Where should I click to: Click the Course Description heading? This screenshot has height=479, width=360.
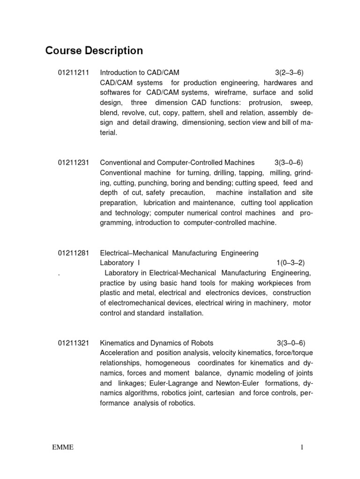point(94,51)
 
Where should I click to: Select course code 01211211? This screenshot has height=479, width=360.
point(73,73)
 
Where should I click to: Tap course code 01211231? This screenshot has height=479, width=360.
point(73,162)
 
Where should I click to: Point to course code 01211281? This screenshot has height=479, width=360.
point(73,253)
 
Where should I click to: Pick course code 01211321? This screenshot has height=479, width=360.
point(73,343)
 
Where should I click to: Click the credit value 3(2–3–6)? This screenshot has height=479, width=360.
point(289,73)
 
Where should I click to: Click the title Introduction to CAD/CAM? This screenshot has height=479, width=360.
point(140,73)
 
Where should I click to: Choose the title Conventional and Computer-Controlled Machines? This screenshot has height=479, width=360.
point(177,162)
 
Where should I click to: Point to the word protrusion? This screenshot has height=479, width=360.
point(265,102)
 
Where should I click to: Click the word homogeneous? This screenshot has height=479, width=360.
point(168,363)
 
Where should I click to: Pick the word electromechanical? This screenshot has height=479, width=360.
point(135,303)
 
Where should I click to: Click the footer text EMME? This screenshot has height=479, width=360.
point(63,448)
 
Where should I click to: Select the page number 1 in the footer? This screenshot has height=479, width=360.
point(302,448)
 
